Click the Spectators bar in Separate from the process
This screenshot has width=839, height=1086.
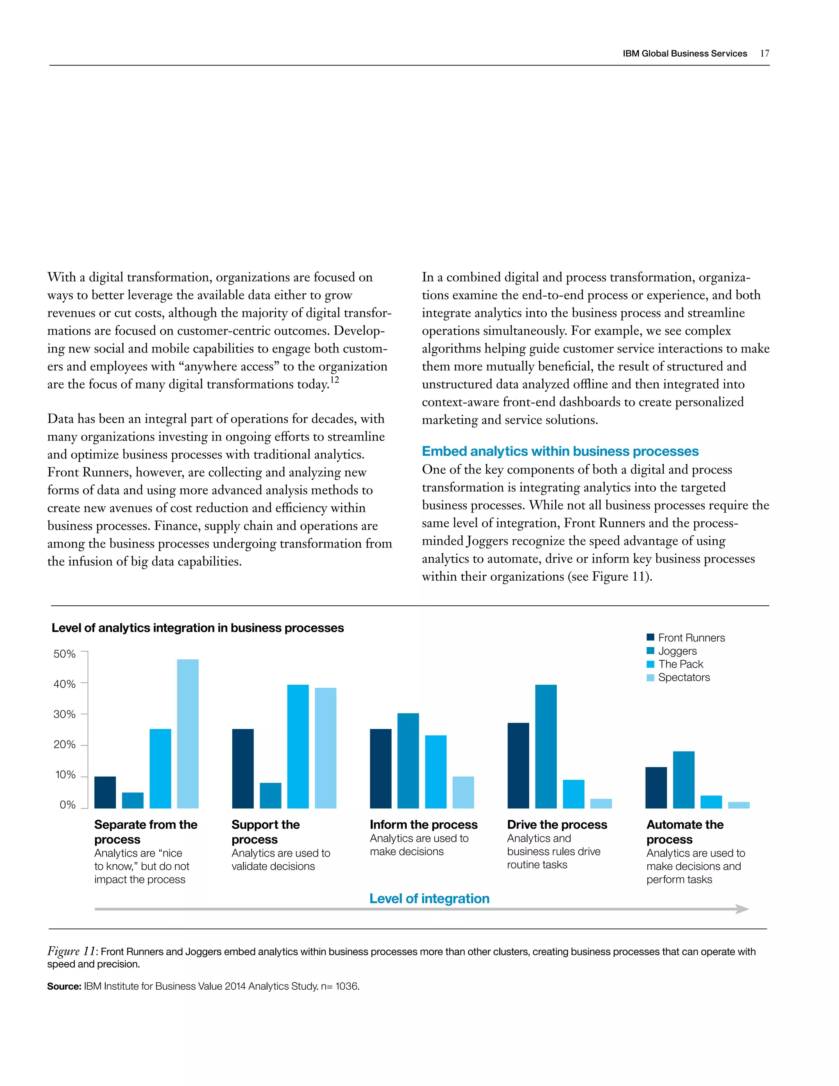tap(188, 734)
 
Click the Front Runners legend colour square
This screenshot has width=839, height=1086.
tap(650, 638)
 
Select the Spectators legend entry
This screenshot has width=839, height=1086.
tap(683, 677)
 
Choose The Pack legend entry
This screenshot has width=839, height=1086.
tap(680, 664)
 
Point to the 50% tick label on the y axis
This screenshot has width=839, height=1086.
tap(65, 654)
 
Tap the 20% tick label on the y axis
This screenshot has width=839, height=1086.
tap(65, 744)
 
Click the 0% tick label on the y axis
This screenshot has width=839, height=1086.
tap(68, 804)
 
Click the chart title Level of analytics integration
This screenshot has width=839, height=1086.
tap(197, 627)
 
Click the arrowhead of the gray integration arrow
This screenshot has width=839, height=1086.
tap(741, 909)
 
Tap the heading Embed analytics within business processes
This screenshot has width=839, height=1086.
tap(560, 451)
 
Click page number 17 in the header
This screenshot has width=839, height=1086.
tap(764, 53)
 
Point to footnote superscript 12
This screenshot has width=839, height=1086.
tap(335, 380)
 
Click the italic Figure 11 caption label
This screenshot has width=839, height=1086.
tap(72, 951)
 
